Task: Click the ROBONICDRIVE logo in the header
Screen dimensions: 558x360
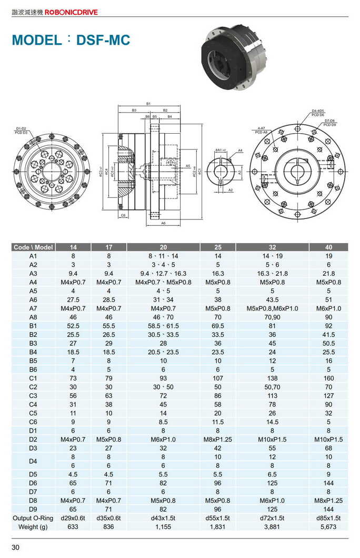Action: tap(71, 12)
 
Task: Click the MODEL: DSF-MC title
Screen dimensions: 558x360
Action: tap(71, 40)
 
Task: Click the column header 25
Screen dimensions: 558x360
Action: tap(218, 247)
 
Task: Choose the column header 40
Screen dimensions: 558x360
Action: tap(328, 247)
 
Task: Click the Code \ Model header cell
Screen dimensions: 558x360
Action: tap(33, 247)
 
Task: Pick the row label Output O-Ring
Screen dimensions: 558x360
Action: tap(33, 519)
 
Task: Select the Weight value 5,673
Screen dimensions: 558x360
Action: tap(328, 527)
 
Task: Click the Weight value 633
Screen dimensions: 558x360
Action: tap(73, 527)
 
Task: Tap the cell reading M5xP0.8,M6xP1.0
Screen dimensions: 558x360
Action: tap(272, 308)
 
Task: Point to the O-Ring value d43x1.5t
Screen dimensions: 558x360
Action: tap(163, 519)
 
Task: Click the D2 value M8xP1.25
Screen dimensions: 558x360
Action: tap(218, 440)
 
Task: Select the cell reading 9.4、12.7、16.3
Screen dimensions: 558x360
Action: tap(163, 273)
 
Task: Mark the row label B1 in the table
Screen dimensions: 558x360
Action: tap(33, 326)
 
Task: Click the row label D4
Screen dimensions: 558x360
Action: tap(33, 461)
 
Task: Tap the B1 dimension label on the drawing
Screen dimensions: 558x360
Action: tap(149, 104)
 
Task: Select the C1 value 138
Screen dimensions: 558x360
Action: tap(272, 378)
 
